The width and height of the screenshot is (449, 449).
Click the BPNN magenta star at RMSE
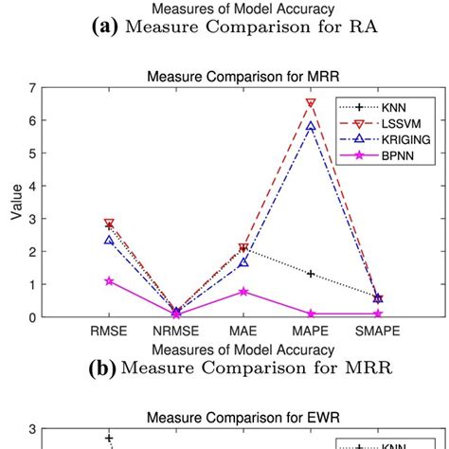109,281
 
